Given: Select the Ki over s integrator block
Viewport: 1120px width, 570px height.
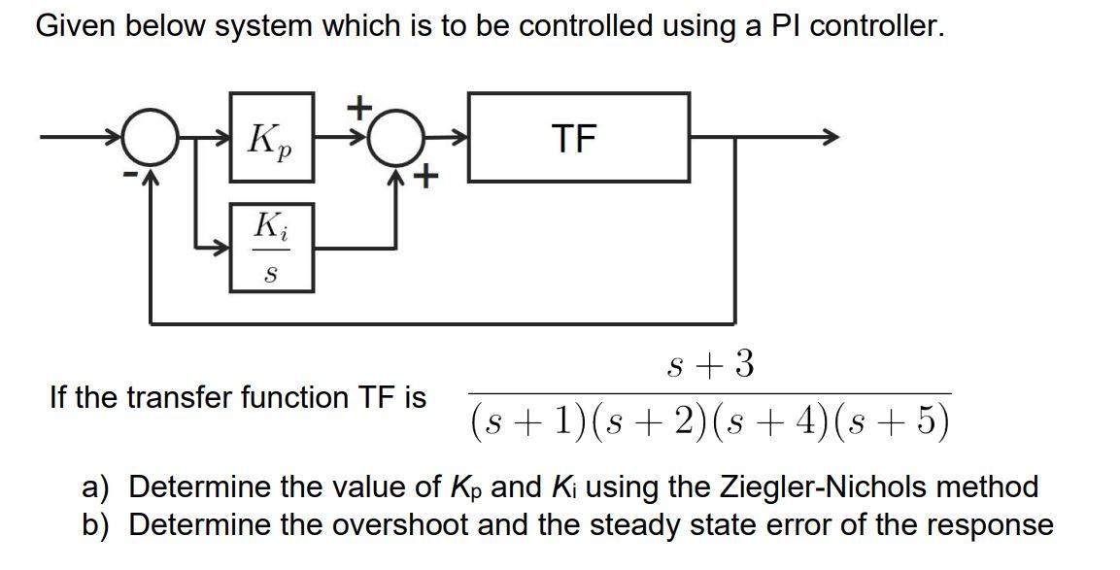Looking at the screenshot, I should [271, 248].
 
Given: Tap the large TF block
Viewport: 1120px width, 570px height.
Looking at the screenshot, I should [579, 138].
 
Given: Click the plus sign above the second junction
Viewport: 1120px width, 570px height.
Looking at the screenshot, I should [359, 105].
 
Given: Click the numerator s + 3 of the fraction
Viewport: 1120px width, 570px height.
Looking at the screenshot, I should [711, 365].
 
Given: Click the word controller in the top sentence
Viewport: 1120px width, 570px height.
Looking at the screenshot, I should [876, 26].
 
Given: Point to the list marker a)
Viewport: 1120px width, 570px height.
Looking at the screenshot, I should [94, 486].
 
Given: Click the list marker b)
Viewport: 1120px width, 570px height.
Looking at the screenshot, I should [94, 525].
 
